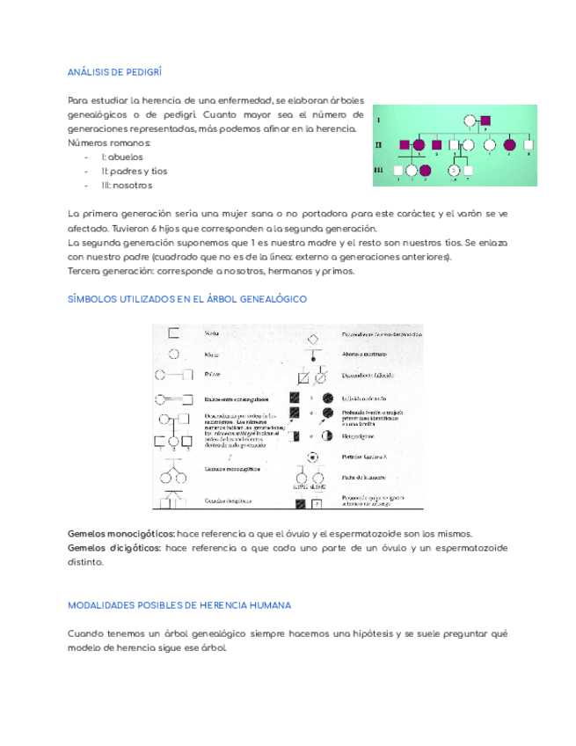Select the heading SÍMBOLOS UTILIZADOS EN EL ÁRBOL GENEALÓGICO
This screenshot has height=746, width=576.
[186, 299]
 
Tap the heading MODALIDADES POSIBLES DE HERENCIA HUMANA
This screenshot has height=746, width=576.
[179, 606]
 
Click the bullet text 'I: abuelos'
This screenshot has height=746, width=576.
[122, 156]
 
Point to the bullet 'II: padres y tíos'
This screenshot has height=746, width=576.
[134, 171]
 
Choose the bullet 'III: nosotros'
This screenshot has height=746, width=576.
[127, 186]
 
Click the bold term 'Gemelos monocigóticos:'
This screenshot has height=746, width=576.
[120, 534]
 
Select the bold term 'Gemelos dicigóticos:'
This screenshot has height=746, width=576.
[113, 548]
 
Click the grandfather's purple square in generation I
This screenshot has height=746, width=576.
[485, 121]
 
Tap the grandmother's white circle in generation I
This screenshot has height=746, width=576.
[470, 121]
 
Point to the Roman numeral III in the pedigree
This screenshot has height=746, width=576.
[379, 170]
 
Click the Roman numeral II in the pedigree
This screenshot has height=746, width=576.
[379, 143]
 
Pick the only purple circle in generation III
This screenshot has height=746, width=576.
[426, 170]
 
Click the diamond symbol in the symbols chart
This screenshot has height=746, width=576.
[311, 340]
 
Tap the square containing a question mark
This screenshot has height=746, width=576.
[317, 505]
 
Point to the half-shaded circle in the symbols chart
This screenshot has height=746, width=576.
[327, 435]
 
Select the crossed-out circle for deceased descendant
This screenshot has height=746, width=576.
[321, 378]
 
